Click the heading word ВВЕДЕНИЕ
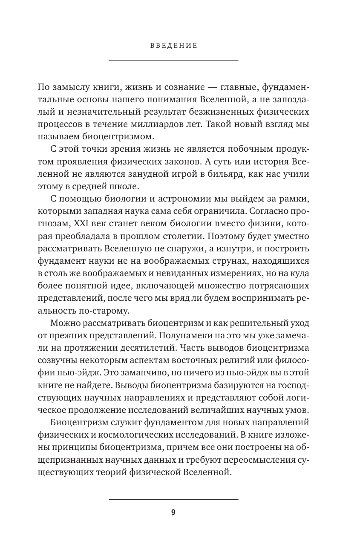[x=173, y=45]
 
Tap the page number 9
[x=173, y=512]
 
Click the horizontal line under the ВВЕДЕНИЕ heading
[x=173, y=60]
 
